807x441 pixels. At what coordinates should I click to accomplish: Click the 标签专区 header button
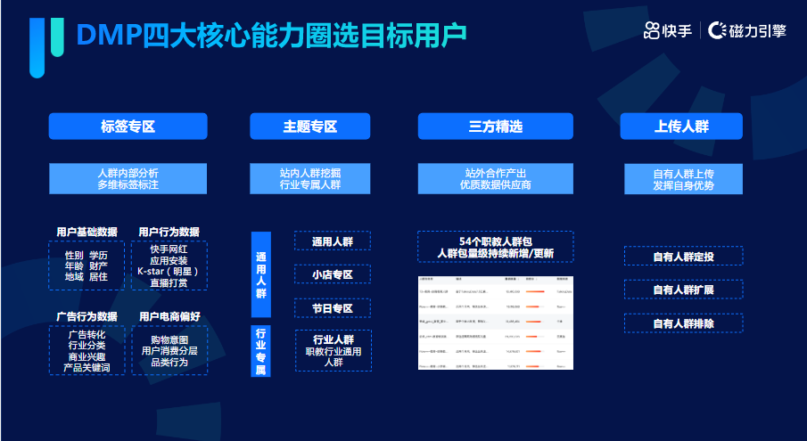tap(128, 127)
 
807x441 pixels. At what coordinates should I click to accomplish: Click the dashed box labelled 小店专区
tap(332, 274)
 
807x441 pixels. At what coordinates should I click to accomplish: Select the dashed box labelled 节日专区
tap(332, 308)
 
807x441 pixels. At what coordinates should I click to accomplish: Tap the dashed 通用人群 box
tap(332, 241)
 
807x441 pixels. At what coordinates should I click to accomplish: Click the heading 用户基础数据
tap(86, 232)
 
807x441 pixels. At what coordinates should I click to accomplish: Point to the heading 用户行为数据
tap(169, 232)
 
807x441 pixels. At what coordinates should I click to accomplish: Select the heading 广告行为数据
tap(86, 316)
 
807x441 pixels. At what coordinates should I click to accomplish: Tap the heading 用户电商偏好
tap(169, 316)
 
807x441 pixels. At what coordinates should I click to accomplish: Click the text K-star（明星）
tap(169, 271)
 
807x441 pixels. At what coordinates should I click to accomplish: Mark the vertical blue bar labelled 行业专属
tap(260, 351)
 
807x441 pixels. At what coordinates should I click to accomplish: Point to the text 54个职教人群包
tap(496, 241)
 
